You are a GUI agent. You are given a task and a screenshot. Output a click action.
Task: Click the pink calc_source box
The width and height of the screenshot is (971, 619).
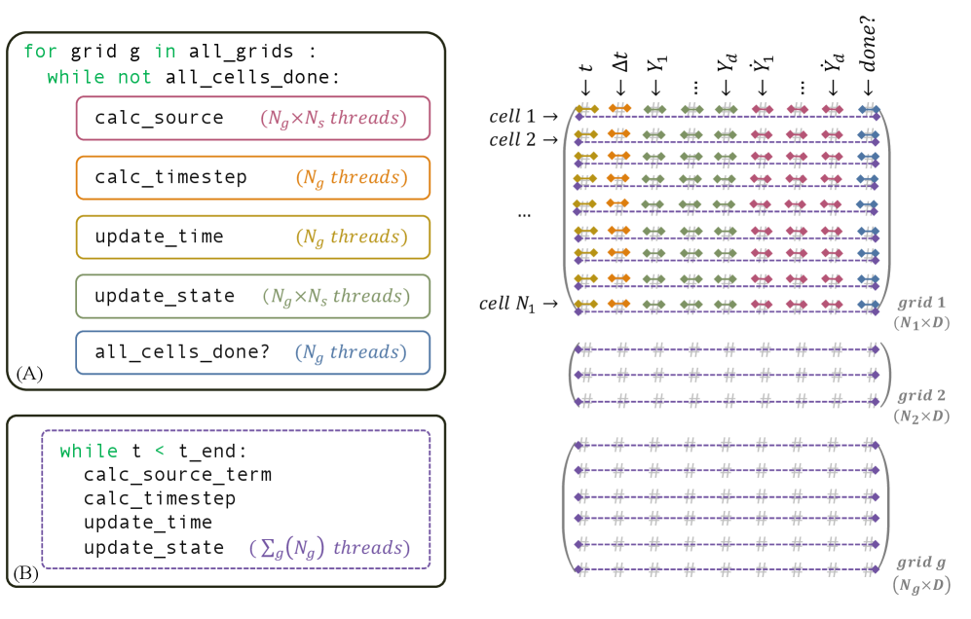[252, 118]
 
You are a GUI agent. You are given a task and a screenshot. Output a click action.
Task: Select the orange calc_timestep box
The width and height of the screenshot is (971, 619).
[252, 177]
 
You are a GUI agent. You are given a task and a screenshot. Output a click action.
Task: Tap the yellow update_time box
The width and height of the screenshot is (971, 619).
[252, 237]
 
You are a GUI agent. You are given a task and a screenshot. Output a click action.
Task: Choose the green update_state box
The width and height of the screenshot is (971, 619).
[252, 295]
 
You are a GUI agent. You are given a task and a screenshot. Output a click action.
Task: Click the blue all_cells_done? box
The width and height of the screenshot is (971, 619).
[252, 352]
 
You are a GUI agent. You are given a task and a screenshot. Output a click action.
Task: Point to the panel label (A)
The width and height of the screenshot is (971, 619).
[27, 375]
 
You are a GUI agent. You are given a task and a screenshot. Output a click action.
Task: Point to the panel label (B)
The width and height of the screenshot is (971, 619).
[27, 572]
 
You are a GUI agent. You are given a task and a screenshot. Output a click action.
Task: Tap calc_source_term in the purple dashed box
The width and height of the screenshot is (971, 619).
[177, 475]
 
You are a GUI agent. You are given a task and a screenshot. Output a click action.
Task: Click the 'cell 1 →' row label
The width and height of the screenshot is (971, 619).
[524, 117]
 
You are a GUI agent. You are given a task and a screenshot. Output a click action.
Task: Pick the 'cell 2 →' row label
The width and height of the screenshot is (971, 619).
[524, 140]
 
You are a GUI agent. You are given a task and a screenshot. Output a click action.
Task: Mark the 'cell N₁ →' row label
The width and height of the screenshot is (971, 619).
[518, 304]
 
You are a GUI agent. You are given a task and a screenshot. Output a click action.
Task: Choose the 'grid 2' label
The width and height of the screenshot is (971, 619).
[920, 396]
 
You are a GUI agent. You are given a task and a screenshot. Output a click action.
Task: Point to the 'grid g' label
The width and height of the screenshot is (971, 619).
[920, 563]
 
